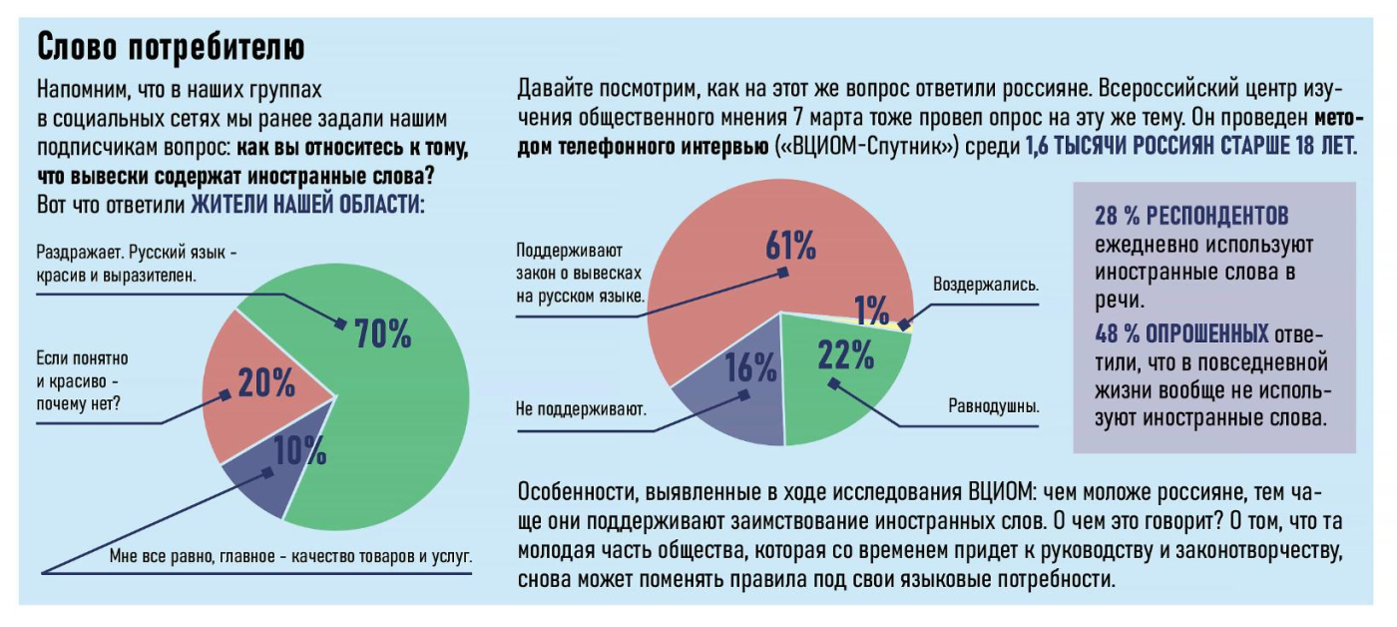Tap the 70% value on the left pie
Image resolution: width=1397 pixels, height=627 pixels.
[x=382, y=334]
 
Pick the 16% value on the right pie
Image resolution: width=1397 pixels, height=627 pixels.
[x=750, y=367]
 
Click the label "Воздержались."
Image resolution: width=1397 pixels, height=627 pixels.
[x=985, y=284]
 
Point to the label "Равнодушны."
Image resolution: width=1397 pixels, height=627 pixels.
[x=993, y=406]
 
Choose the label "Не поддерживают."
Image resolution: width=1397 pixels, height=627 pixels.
[x=581, y=408]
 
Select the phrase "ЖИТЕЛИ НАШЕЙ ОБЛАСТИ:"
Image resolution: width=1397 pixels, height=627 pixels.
[x=307, y=205]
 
